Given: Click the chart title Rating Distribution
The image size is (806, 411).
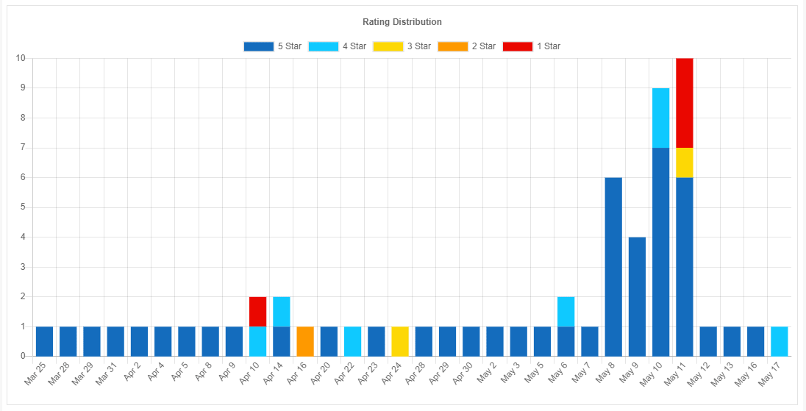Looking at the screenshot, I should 402,22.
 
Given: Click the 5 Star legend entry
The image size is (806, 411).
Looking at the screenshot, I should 273,46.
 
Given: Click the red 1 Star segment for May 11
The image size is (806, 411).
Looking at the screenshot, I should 685,103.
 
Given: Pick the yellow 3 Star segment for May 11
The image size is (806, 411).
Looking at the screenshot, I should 685,162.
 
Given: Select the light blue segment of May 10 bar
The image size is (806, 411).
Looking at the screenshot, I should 660,118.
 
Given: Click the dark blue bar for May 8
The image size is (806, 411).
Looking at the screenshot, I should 613,267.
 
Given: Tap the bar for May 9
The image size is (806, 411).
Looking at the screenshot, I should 637,296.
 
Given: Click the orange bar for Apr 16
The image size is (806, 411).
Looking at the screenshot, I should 305,341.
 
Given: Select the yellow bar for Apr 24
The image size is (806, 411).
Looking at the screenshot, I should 400,341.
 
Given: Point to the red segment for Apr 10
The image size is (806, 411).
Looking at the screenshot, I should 257,312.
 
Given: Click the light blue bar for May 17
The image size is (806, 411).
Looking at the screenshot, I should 780,341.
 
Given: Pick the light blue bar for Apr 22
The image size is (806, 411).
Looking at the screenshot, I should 352,341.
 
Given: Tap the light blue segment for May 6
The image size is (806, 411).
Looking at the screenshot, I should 566,312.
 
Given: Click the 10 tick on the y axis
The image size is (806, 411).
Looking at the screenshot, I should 21,58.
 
